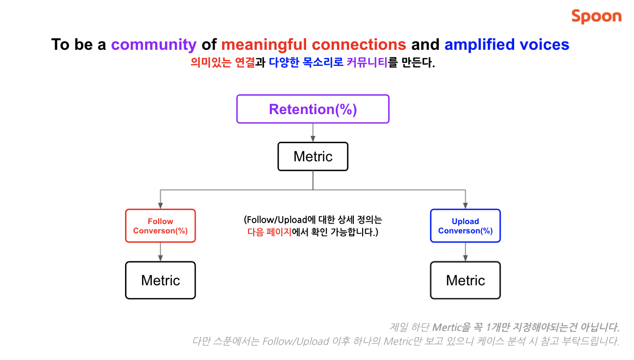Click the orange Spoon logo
click(x=596, y=16)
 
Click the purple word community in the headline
click(x=154, y=45)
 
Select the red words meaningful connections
click(x=313, y=45)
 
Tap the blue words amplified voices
click(x=506, y=45)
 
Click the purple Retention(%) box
click(x=313, y=109)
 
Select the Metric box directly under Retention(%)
click(x=313, y=157)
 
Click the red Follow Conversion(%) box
click(x=160, y=226)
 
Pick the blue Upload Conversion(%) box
click(x=465, y=226)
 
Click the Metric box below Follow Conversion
click(x=160, y=280)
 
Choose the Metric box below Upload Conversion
click(x=465, y=280)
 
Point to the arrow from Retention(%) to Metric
click(x=313, y=133)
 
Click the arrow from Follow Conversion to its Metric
click(x=160, y=252)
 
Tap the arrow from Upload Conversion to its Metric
click(x=465, y=252)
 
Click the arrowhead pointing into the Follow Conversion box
click(x=160, y=206)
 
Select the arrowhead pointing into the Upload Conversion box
click(x=465, y=206)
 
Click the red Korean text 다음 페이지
click(x=270, y=232)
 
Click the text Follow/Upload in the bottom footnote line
click(x=296, y=341)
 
